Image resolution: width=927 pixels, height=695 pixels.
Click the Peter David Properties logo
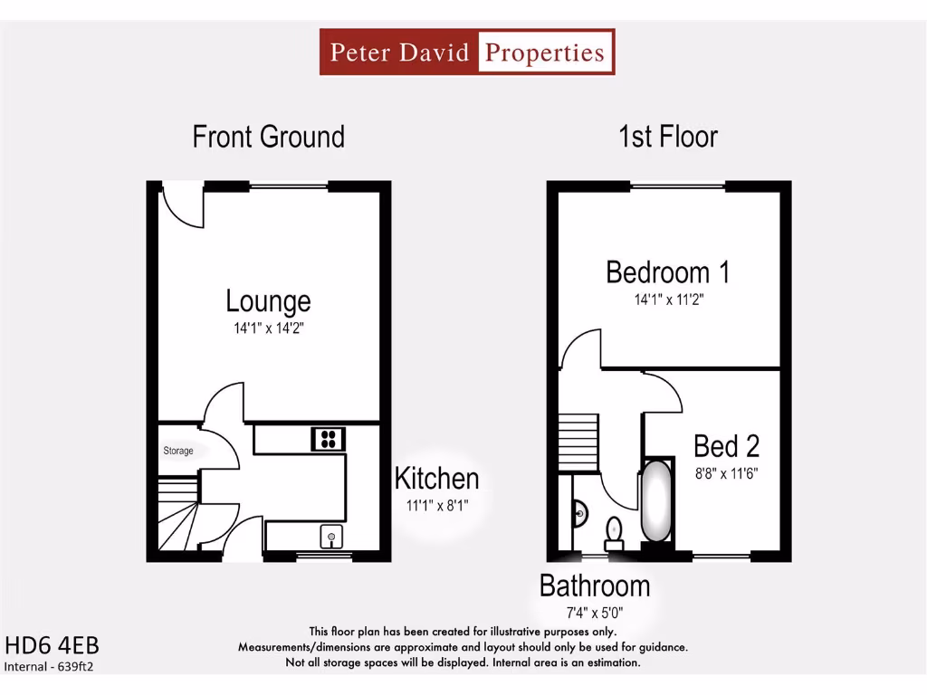pyautogui.click(x=467, y=52)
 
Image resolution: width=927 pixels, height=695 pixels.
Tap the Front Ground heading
pyautogui.click(x=269, y=137)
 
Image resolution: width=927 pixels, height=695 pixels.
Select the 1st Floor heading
pyautogui.click(x=668, y=137)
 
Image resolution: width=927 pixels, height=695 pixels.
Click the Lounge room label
pyautogui.click(x=268, y=300)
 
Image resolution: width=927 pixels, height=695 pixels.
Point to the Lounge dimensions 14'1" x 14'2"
pyautogui.click(x=268, y=328)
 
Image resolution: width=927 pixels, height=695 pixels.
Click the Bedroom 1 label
pyautogui.click(x=668, y=271)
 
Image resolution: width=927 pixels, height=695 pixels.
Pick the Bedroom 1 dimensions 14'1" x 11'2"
pyautogui.click(x=668, y=300)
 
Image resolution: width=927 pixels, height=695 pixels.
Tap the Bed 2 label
pyautogui.click(x=726, y=446)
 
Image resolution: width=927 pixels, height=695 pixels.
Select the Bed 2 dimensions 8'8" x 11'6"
pyautogui.click(x=726, y=472)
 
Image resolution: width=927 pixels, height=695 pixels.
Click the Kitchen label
pyautogui.click(x=436, y=478)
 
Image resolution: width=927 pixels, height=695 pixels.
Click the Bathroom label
pyautogui.click(x=595, y=586)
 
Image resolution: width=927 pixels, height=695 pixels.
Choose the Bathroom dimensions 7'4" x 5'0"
pyautogui.click(x=595, y=613)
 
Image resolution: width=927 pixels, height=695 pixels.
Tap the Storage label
pyautogui.click(x=178, y=451)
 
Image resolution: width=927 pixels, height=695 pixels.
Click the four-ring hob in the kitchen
pyautogui.click(x=329, y=440)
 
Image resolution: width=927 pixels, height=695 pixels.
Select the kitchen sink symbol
pyautogui.click(x=332, y=537)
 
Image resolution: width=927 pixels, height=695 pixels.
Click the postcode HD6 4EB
pyautogui.click(x=52, y=646)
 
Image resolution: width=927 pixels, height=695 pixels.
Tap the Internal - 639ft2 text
pyautogui.click(x=50, y=667)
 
